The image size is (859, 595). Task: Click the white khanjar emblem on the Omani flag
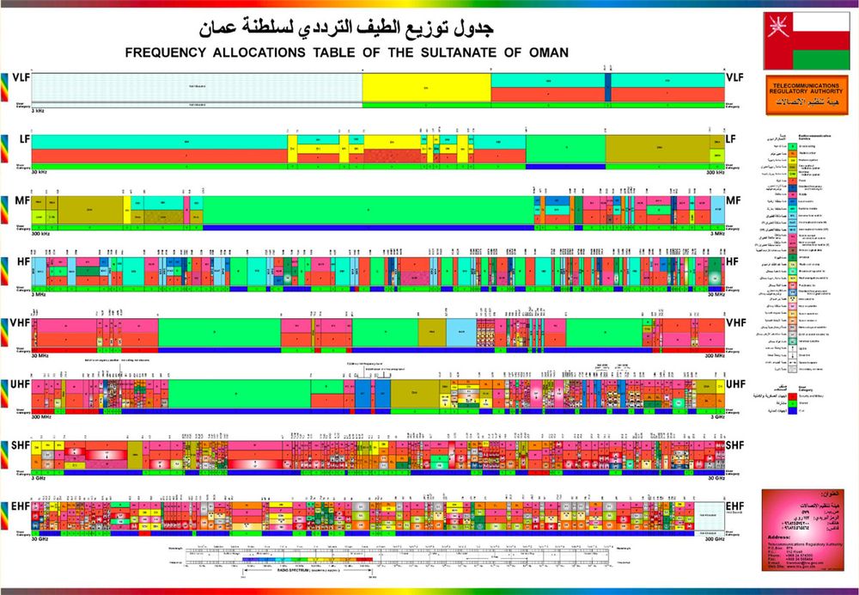coord(776,21)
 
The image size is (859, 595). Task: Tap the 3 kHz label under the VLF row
coord(39,111)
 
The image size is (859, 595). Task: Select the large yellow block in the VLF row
coord(426,88)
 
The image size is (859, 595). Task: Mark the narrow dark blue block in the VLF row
coord(607,88)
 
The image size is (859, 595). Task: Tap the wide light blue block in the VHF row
coord(460,332)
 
